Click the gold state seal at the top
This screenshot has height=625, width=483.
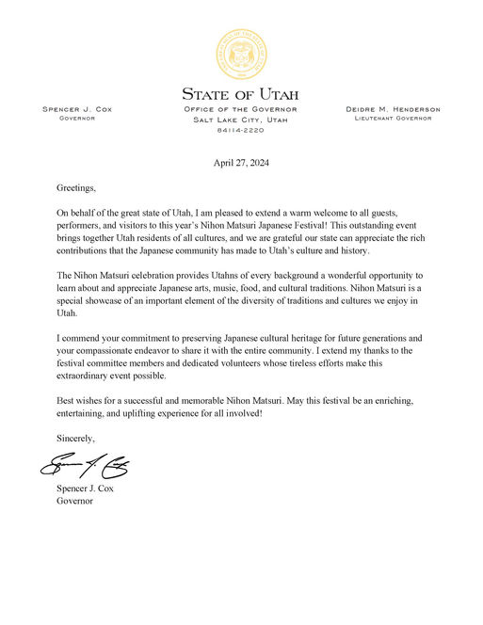click(x=241, y=54)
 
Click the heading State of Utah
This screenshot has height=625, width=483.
click(x=241, y=94)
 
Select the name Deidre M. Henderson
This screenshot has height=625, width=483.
click(x=394, y=110)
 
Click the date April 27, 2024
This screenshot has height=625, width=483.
click(x=241, y=162)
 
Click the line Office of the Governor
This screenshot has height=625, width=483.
click(x=241, y=110)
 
